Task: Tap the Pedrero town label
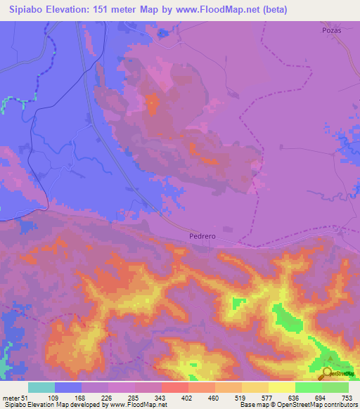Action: (202, 236)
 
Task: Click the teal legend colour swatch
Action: (41, 387)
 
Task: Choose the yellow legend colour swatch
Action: (282, 387)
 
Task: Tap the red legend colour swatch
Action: (175, 387)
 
